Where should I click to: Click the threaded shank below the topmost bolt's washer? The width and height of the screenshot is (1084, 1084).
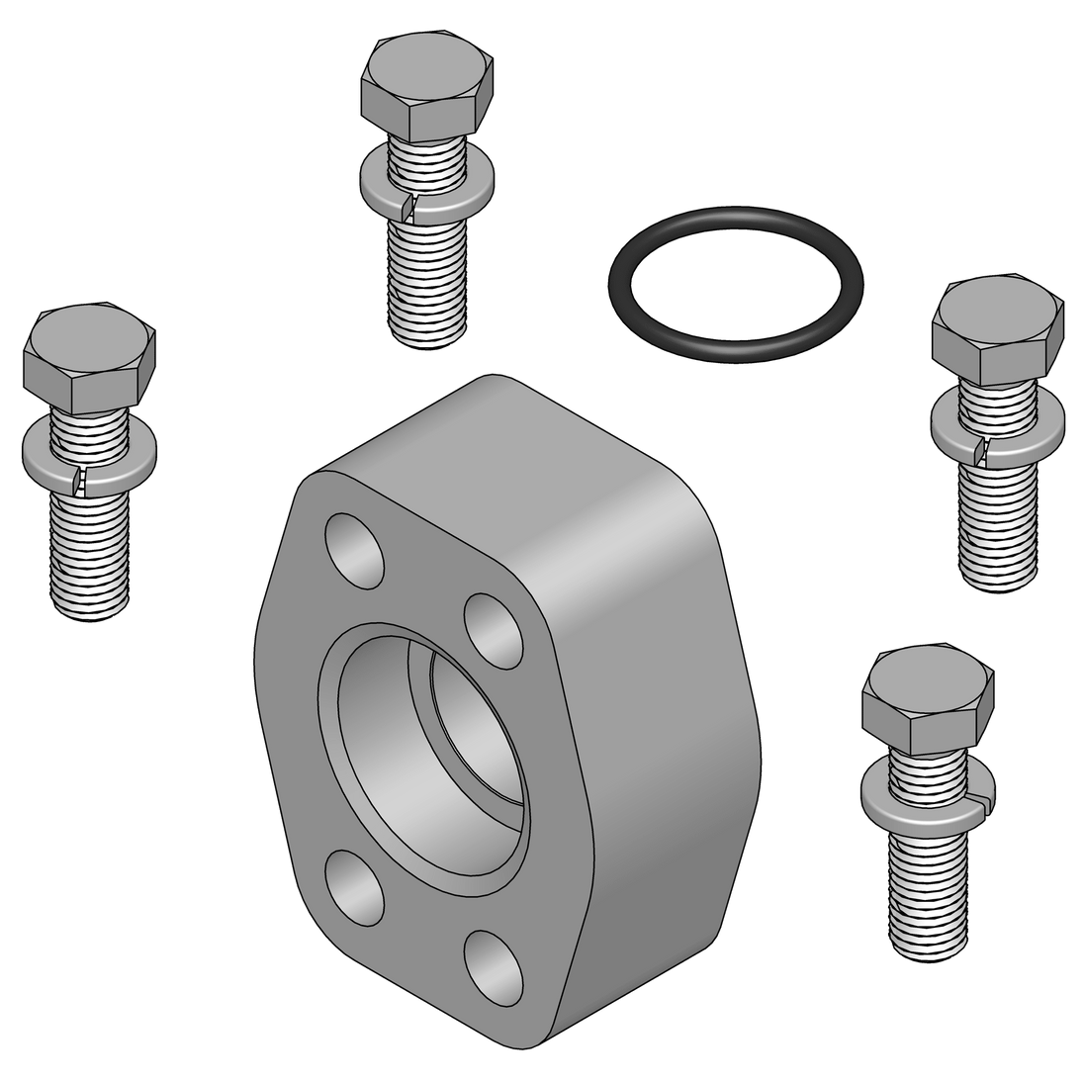coord(427,277)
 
